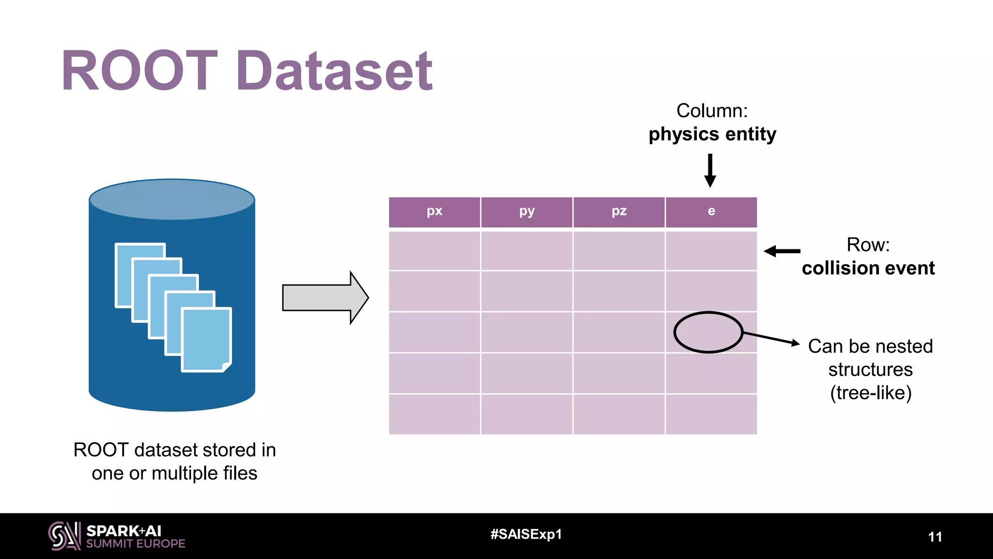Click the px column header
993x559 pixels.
pos(434,212)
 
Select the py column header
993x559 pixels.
pos(527,212)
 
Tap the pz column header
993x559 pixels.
pos(619,212)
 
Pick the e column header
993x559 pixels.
pos(711,212)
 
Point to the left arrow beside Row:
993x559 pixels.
pos(782,251)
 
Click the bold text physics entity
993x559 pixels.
pos(712,134)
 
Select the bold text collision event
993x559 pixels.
pos(868,268)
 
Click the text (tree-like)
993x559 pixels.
pos(871,393)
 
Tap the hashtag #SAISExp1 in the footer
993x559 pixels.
pos(526,534)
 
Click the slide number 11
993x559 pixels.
pos(935,537)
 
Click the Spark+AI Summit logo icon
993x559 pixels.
pos(64,536)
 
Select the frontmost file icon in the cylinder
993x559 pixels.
pos(207,340)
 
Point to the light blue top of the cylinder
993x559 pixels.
pos(172,199)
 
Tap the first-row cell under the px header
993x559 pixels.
pos(434,250)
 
